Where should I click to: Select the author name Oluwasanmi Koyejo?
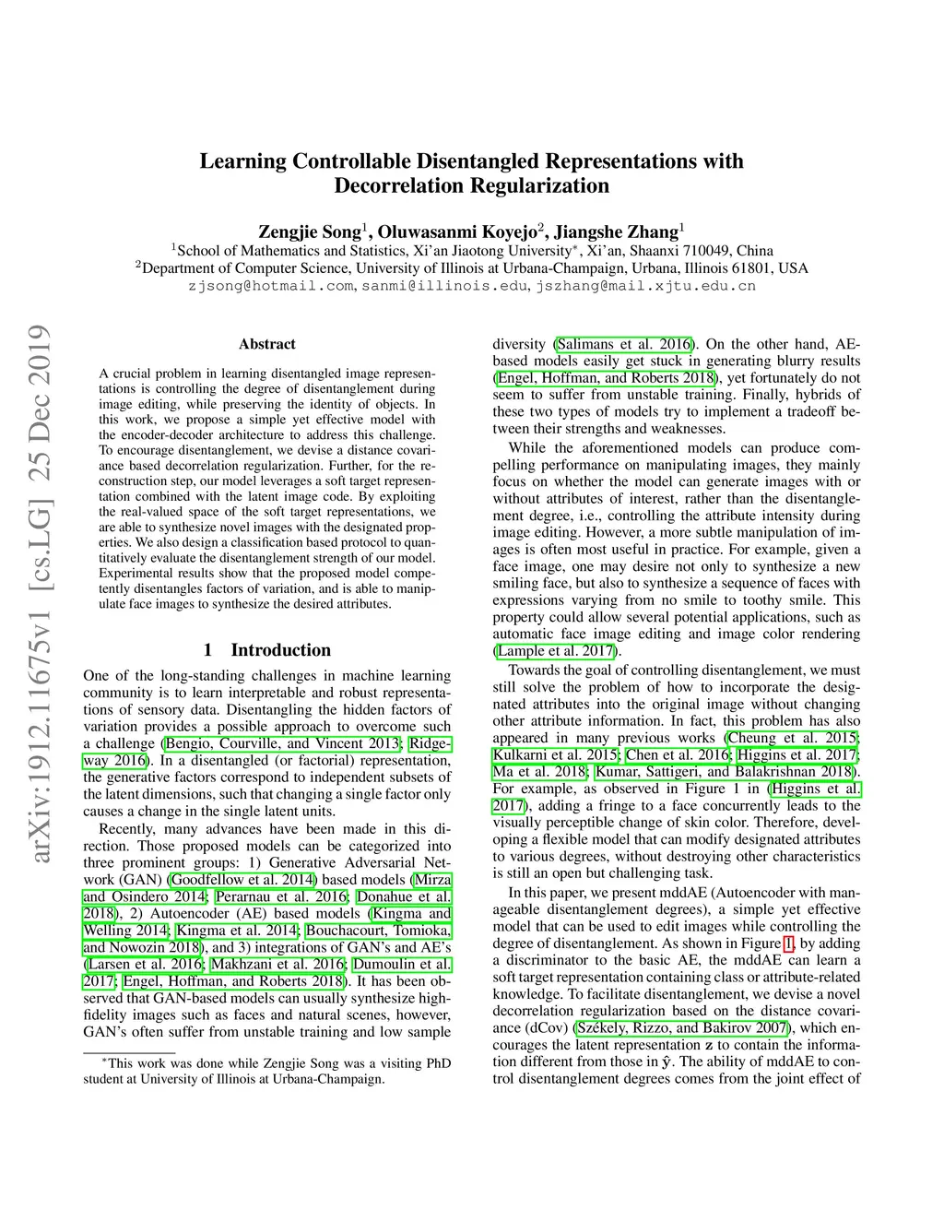(x=456, y=231)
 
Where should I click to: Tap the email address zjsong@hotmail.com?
(x=271, y=286)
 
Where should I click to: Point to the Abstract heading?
(x=267, y=344)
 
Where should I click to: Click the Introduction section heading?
(x=280, y=650)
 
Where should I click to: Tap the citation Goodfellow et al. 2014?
(x=242, y=880)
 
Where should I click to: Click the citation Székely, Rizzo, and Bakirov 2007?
(x=682, y=1027)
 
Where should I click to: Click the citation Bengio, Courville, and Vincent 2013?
(x=283, y=743)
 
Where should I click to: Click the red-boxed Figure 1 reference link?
(x=788, y=943)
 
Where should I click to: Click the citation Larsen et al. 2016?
(x=144, y=965)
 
